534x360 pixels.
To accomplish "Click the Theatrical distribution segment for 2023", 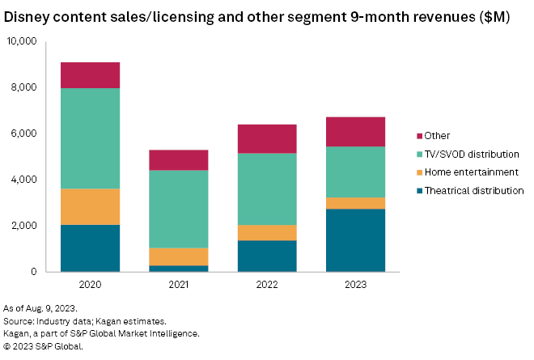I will pyautogui.click(x=355, y=240).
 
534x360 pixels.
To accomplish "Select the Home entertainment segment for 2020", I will pyautogui.click(x=91, y=206).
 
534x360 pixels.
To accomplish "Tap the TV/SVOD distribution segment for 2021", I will pyautogui.click(x=179, y=209).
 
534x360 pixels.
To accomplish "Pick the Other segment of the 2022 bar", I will pyautogui.click(x=267, y=138).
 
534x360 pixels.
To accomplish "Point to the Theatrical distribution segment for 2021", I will pyautogui.click(x=179, y=268).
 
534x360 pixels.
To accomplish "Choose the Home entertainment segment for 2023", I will pyautogui.click(x=355, y=203).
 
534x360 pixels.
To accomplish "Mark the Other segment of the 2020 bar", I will pyautogui.click(x=91, y=75).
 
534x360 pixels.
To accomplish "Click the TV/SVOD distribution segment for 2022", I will pyautogui.click(x=267, y=188).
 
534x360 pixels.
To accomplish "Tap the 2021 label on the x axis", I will pyautogui.click(x=179, y=285).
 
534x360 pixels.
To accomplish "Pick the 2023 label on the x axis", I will pyautogui.click(x=355, y=285).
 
